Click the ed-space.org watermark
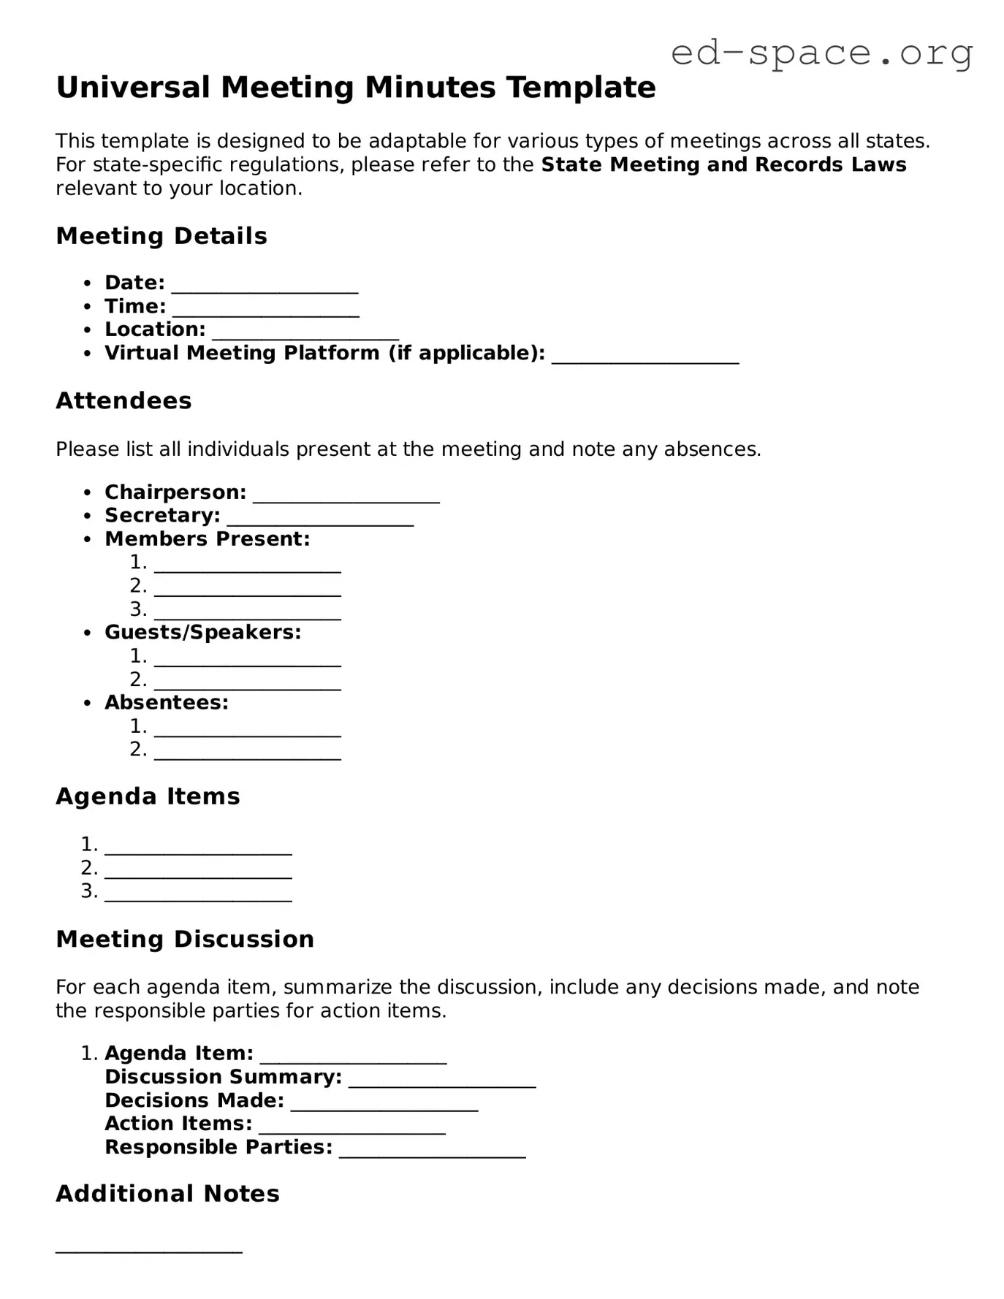tap(821, 53)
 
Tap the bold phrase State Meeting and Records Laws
tap(723, 164)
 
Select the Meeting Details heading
tap(161, 236)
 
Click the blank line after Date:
tap(265, 286)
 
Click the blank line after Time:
tap(266, 310)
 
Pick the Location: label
tap(155, 329)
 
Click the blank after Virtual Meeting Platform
tap(645, 357)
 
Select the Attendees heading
tap(123, 400)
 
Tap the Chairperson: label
tap(175, 492)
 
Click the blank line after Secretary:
tap(320, 519)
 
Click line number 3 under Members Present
tap(248, 613)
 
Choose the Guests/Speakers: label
tap(202, 632)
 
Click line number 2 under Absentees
tap(248, 753)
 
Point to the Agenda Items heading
tap(148, 796)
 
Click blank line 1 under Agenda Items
tap(198, 848)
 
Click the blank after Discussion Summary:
tap(442, 1081)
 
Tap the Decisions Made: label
tap(194, 1100)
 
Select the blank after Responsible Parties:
tap(433, 1151)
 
